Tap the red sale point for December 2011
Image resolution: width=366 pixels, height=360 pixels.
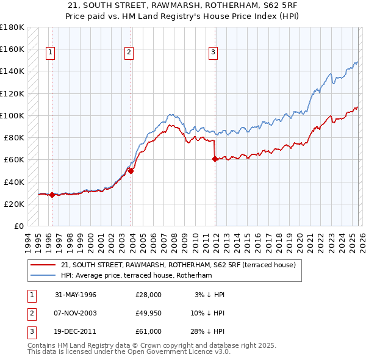[x=215, y=159]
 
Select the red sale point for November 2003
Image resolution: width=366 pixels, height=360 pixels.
[x=131, y=171]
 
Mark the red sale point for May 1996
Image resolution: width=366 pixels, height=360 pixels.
[x=52, y=195]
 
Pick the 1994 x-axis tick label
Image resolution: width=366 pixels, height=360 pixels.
[x=28, y=241]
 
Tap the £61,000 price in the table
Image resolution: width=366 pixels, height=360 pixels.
[x=148, y=331]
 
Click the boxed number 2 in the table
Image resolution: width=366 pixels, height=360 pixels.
[x=30, y=313]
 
